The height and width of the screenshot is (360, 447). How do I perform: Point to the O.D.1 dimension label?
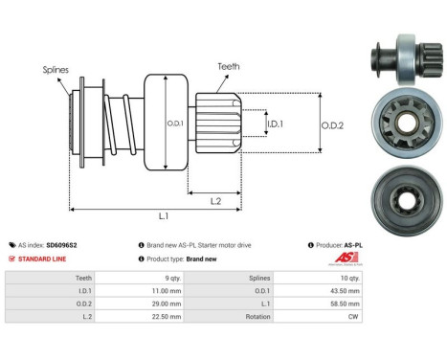coord(174,122)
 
